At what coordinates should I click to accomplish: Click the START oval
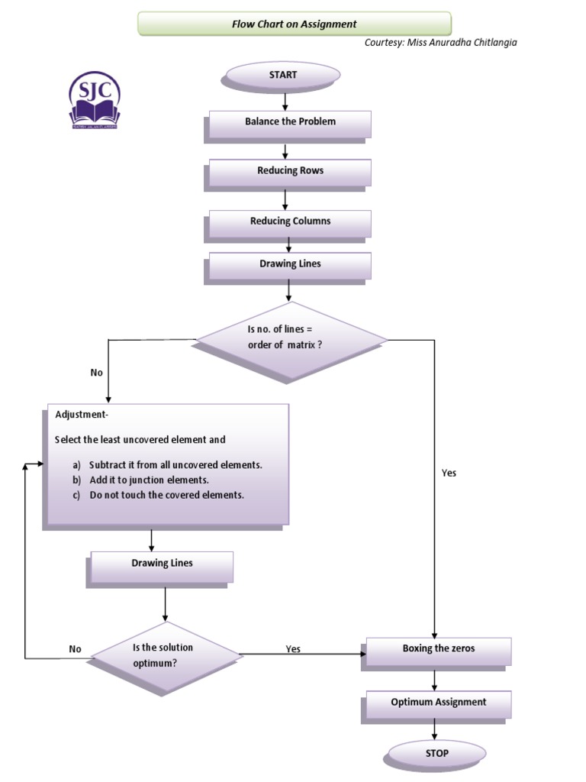(282, 75)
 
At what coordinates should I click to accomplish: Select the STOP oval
(437, 753)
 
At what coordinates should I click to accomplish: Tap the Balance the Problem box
(290, 122)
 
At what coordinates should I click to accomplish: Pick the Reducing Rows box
(290, 171)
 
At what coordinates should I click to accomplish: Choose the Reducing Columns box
(290, 221)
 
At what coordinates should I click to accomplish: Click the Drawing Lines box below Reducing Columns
(290, 264)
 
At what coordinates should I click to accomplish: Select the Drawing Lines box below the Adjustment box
(162, 564)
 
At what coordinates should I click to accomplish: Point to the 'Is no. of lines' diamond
(291, 338)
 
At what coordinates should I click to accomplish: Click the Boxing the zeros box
(438, 649)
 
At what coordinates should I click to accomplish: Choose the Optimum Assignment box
(438, 703)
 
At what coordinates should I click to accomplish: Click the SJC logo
(95, 101)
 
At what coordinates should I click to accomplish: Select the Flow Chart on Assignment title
(294, 24)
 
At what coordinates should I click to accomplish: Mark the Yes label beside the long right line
(449, 473)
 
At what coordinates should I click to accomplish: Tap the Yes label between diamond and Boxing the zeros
(293, 649)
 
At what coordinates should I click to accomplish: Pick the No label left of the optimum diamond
(75, 649)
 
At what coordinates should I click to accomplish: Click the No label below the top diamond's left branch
(96, 373)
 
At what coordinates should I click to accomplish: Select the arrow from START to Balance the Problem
(285, 100)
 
